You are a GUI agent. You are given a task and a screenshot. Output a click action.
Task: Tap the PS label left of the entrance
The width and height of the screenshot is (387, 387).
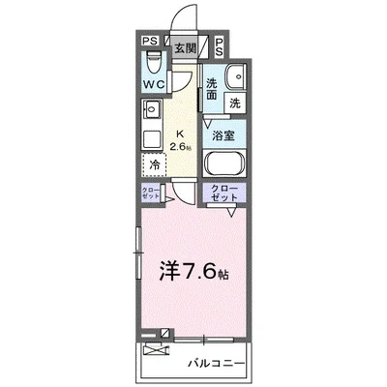point(150,41)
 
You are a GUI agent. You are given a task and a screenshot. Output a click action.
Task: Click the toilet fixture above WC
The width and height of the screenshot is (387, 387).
point(150,62)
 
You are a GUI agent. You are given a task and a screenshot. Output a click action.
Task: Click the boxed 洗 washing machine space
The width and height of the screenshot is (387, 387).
point(235,102)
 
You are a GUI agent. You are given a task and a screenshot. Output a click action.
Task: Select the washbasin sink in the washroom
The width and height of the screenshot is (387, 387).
point(233,78)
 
